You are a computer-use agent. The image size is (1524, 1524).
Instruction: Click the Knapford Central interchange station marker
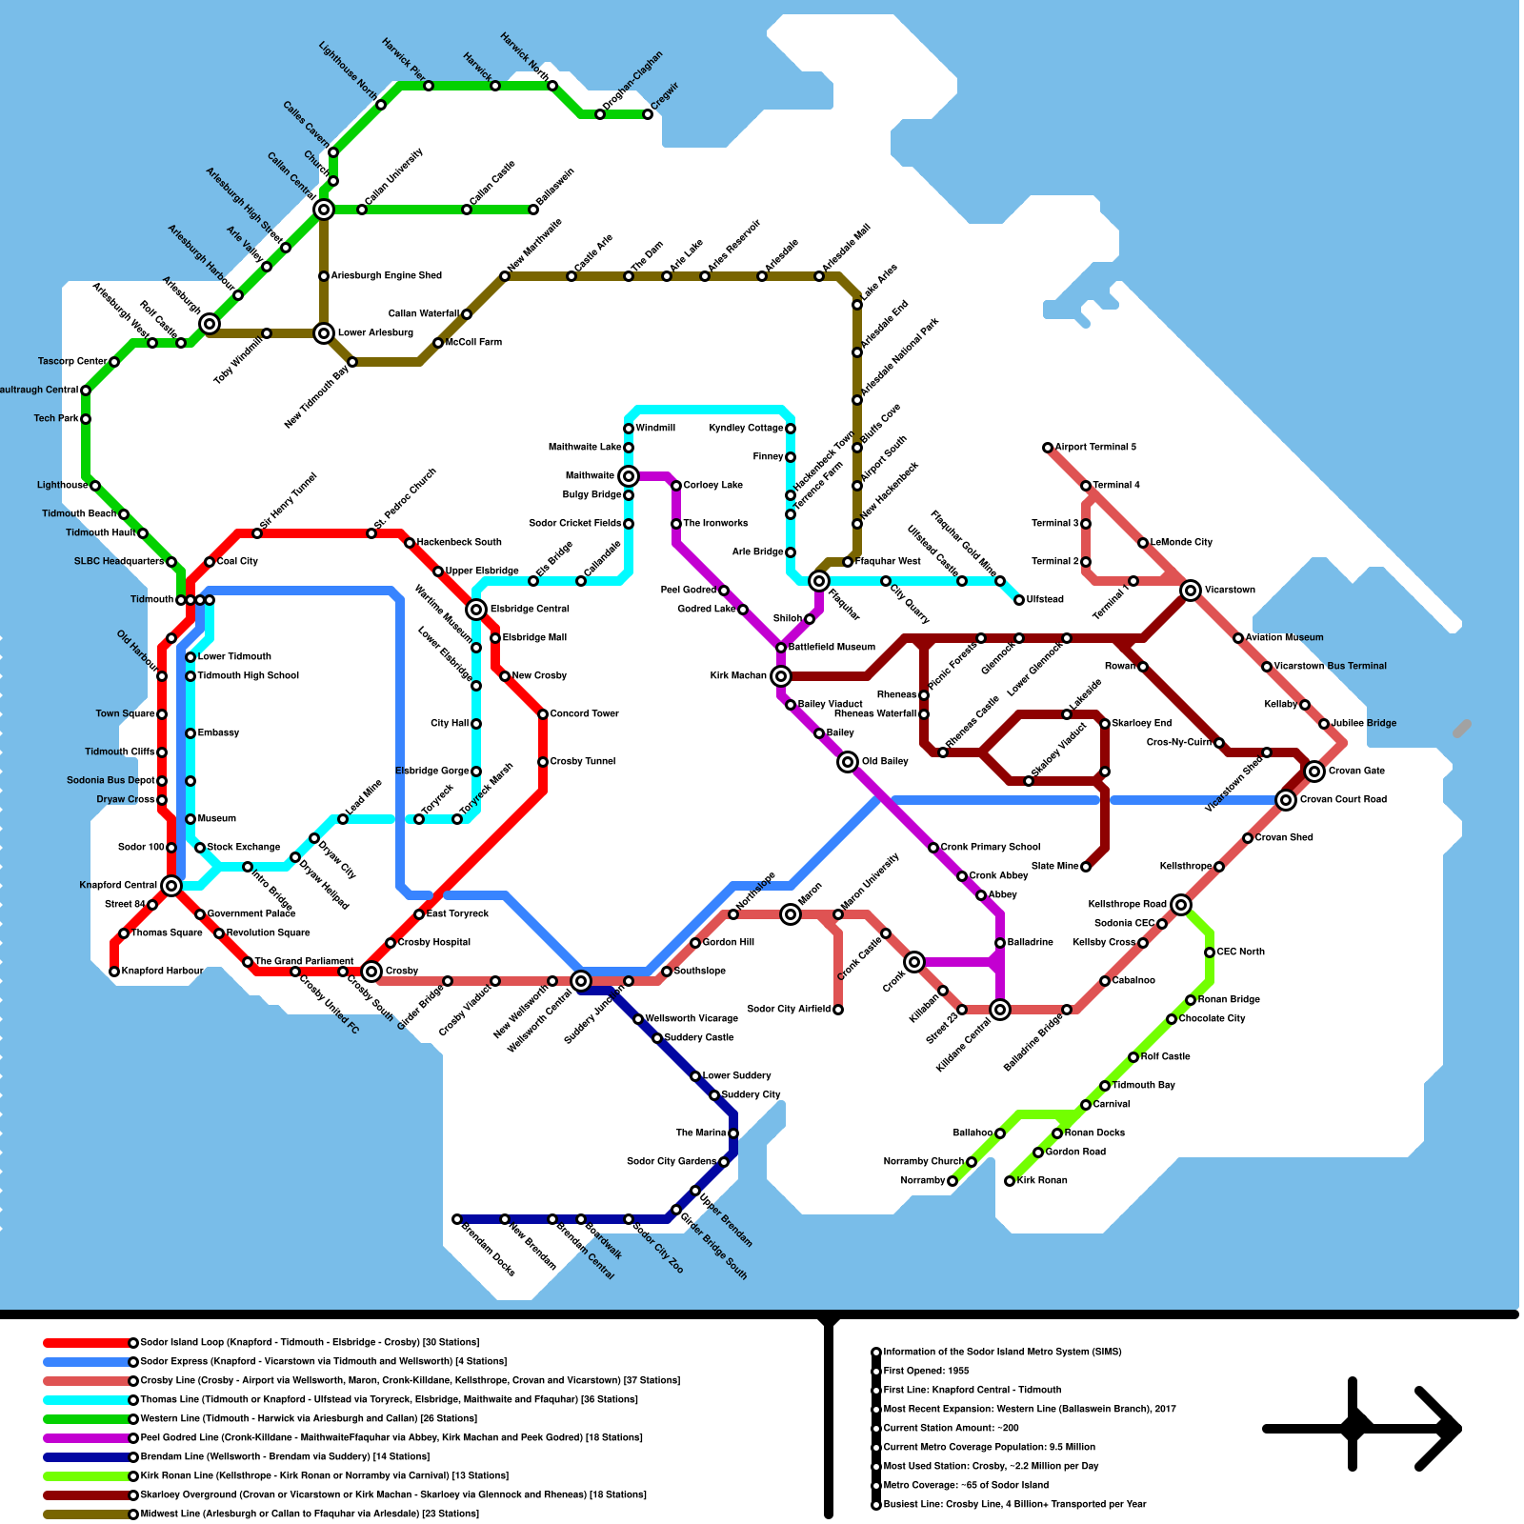(x=171, y=886)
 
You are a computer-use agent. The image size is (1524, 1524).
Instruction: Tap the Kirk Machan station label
(x=738, y=676)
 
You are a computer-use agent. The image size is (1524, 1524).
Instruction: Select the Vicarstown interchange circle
(x=1191, y=591)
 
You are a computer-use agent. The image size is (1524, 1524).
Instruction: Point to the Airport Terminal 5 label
(x=1095, y=448)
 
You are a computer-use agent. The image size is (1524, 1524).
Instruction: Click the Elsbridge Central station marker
(x=476, y=610)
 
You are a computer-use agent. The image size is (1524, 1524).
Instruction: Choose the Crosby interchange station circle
(x=371, y=972)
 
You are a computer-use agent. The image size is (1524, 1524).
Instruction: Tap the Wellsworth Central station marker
(x=581, y=981)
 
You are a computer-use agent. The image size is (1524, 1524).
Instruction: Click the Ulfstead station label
(x=1045, y=600)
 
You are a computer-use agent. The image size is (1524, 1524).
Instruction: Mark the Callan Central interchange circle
(x=324, y=210)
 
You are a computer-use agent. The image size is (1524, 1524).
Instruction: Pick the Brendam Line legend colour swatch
(x=86, y=1457)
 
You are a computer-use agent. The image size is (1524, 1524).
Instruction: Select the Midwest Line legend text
(x=310, y=1514)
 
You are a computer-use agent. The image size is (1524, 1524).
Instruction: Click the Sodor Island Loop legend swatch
(x=86, y=1343)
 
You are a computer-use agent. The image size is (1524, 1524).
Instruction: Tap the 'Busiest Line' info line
(x=1014, y=1505)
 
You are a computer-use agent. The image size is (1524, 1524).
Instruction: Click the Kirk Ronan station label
(x=1042, y=1181)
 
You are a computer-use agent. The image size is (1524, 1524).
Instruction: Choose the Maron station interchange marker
(x=791, y=914)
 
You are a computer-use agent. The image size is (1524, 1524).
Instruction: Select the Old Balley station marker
(x=848, y=762)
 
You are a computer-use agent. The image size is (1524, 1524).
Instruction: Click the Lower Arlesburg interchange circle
(x=324, y=333)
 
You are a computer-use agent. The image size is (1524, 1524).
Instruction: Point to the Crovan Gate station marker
(x=1314, y=772)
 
